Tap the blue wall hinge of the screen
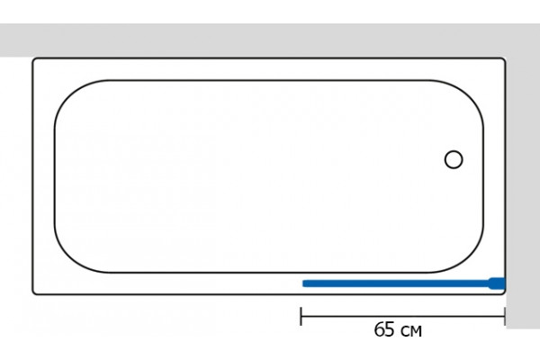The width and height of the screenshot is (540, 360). pyautogui.click(x=497, y=283)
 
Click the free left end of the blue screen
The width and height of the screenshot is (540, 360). pyautogui.click(x=303, y=283)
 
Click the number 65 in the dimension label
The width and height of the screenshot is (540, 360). pyautogui.click(x=384, y=329)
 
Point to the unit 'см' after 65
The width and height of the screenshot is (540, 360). pyautogui.click(x=411, y=331)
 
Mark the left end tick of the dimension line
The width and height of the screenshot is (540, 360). pyautogui.click(x=301, y=316)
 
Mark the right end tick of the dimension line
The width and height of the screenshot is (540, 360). pyautogui.click(x=505, y=316)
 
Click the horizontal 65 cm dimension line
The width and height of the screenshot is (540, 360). pyautogui.click(x=403, y=316)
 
